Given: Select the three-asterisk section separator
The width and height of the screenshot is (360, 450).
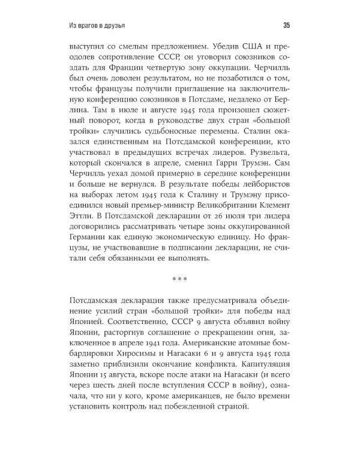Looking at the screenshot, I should click(x=181, y=279).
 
